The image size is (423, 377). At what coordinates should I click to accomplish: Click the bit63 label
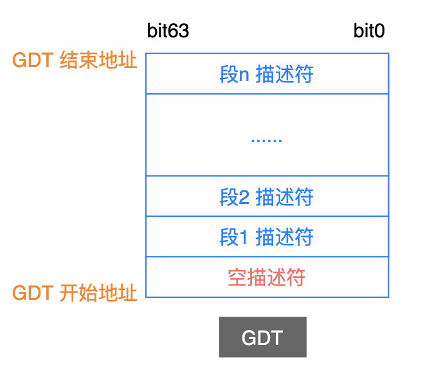coord(168,30)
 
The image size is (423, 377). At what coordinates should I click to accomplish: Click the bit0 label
coord(369,30)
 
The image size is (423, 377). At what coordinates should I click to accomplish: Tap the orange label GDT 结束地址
coord(75,60)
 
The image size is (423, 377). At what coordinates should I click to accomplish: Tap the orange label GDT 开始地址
coord(75,293)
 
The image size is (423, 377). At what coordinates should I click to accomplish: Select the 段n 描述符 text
coord(267,74)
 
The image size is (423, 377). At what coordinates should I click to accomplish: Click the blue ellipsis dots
coord(267,140)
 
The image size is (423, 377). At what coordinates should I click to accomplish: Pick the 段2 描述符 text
coord(267,197)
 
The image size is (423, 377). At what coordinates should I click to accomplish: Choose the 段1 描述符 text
coord(267,237)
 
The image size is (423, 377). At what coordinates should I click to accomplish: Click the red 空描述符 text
coord(267,277)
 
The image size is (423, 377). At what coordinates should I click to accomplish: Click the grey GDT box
coord(263,337)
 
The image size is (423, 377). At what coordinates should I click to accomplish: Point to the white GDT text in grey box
coord(262,338)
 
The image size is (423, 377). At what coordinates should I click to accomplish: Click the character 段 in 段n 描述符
coord(230,74)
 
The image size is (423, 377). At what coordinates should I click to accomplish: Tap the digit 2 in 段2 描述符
coord(244,197)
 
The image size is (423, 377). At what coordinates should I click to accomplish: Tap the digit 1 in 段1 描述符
coord(244,237)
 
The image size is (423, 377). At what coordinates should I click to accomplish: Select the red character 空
coord(237,277)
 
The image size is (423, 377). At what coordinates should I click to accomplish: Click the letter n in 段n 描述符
coord(244,76)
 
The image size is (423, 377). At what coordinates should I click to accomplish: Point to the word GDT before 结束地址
coord(33,60)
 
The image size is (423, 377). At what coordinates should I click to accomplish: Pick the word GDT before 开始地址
coord(33,293)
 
